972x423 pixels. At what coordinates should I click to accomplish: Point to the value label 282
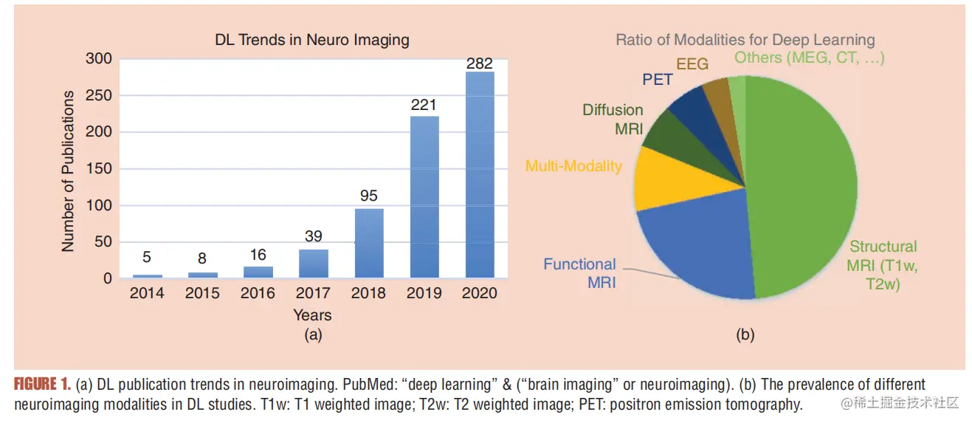pos(479,64)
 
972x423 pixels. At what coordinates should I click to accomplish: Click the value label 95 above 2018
pos(368,196)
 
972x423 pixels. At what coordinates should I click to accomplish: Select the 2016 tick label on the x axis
pos(258,293)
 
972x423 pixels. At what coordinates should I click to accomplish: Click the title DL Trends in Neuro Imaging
pos(312,39)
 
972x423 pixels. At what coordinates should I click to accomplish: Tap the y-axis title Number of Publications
pos(69,171)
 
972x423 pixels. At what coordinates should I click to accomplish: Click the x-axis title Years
pos(312,314)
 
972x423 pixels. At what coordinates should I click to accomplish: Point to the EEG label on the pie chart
pos(692,64)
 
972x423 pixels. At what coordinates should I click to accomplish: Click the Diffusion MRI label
pos(613,119)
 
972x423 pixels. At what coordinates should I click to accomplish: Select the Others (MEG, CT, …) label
pos(809,57)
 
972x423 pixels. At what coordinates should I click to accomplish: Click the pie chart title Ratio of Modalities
pos(745,40)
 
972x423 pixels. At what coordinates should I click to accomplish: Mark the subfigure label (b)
pos(745,334)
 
